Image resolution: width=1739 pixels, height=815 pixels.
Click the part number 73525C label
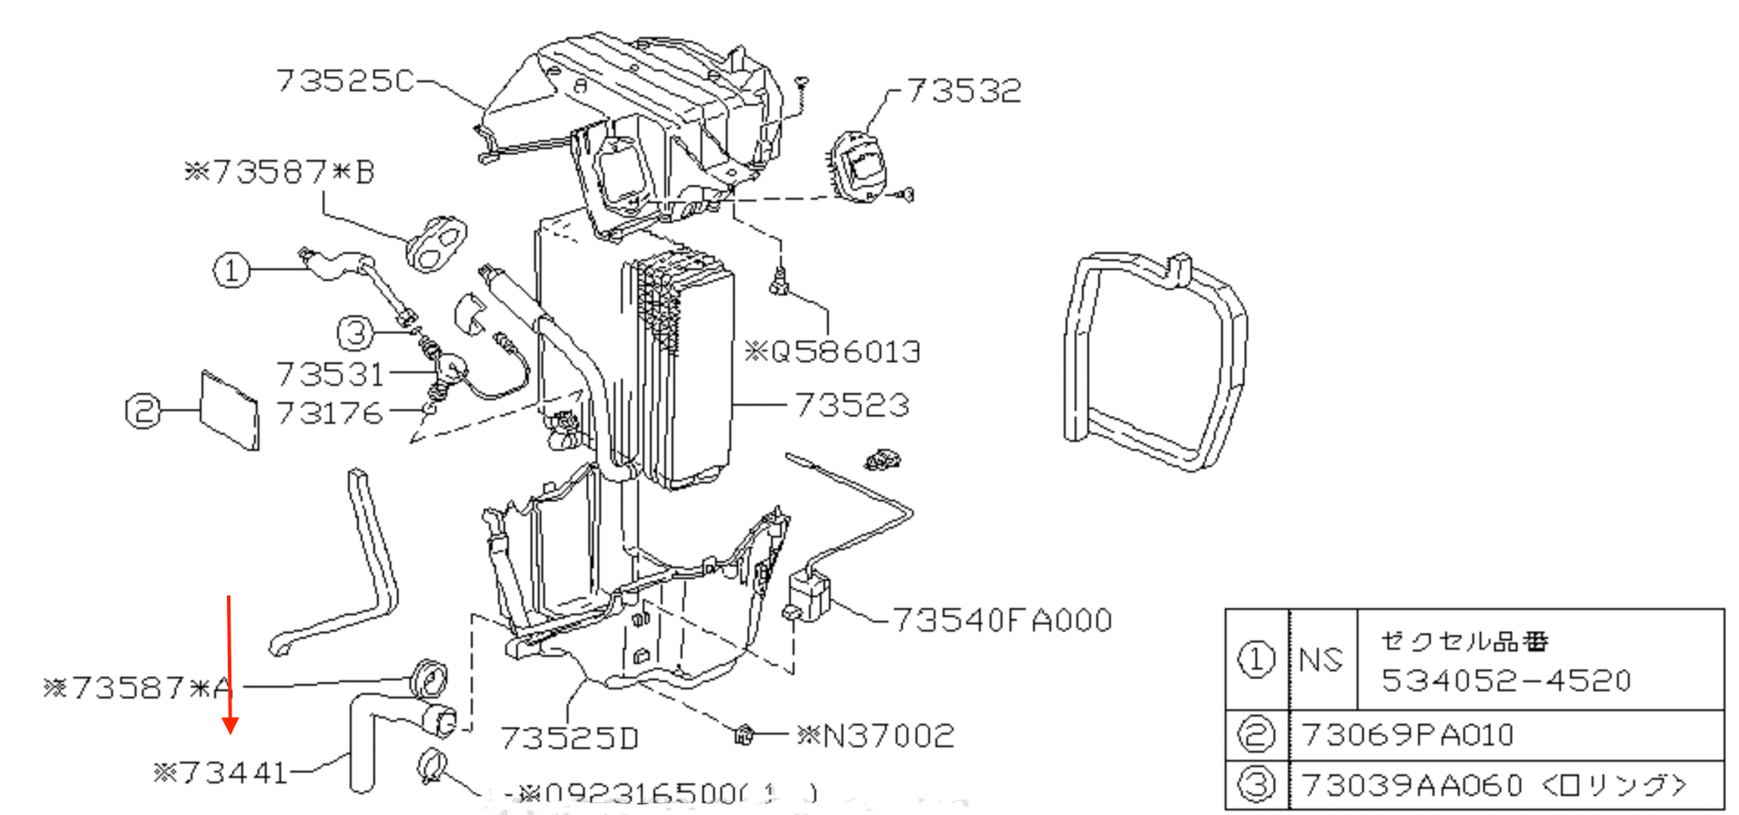tap(344, 81)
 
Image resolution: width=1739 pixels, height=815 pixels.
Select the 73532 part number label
tap(963, 90)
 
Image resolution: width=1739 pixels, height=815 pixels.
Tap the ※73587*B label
tap(278, 172)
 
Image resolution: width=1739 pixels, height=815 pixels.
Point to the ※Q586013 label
tap(832, 351)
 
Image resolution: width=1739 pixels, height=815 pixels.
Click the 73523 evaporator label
tap(851, 405)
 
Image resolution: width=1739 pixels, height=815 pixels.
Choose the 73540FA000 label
tap(1001, 620)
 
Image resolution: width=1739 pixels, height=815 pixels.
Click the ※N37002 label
tap(875, 735)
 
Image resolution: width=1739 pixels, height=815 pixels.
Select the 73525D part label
tap(569, 738)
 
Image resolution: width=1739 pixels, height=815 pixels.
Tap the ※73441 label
tap(221, 773)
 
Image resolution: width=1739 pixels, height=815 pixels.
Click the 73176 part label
tap(330, 413)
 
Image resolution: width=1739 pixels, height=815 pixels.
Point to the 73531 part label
tap(330, 373)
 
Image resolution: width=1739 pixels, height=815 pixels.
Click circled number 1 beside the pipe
tap(231, 269)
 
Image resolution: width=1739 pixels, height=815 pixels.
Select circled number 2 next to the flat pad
tap(143, 411)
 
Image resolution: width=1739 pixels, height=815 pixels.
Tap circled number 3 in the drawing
tap(355, 333)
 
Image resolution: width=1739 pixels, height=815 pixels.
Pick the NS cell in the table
tap(1321, 660)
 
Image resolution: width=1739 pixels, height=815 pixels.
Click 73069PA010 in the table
tap(1407, 735)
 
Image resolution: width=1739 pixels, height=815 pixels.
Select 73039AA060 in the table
tap(1413, 785)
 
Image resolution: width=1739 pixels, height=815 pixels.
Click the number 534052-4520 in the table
tap(1506, 680)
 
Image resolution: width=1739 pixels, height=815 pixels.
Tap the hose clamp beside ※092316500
tap(431, 766)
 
